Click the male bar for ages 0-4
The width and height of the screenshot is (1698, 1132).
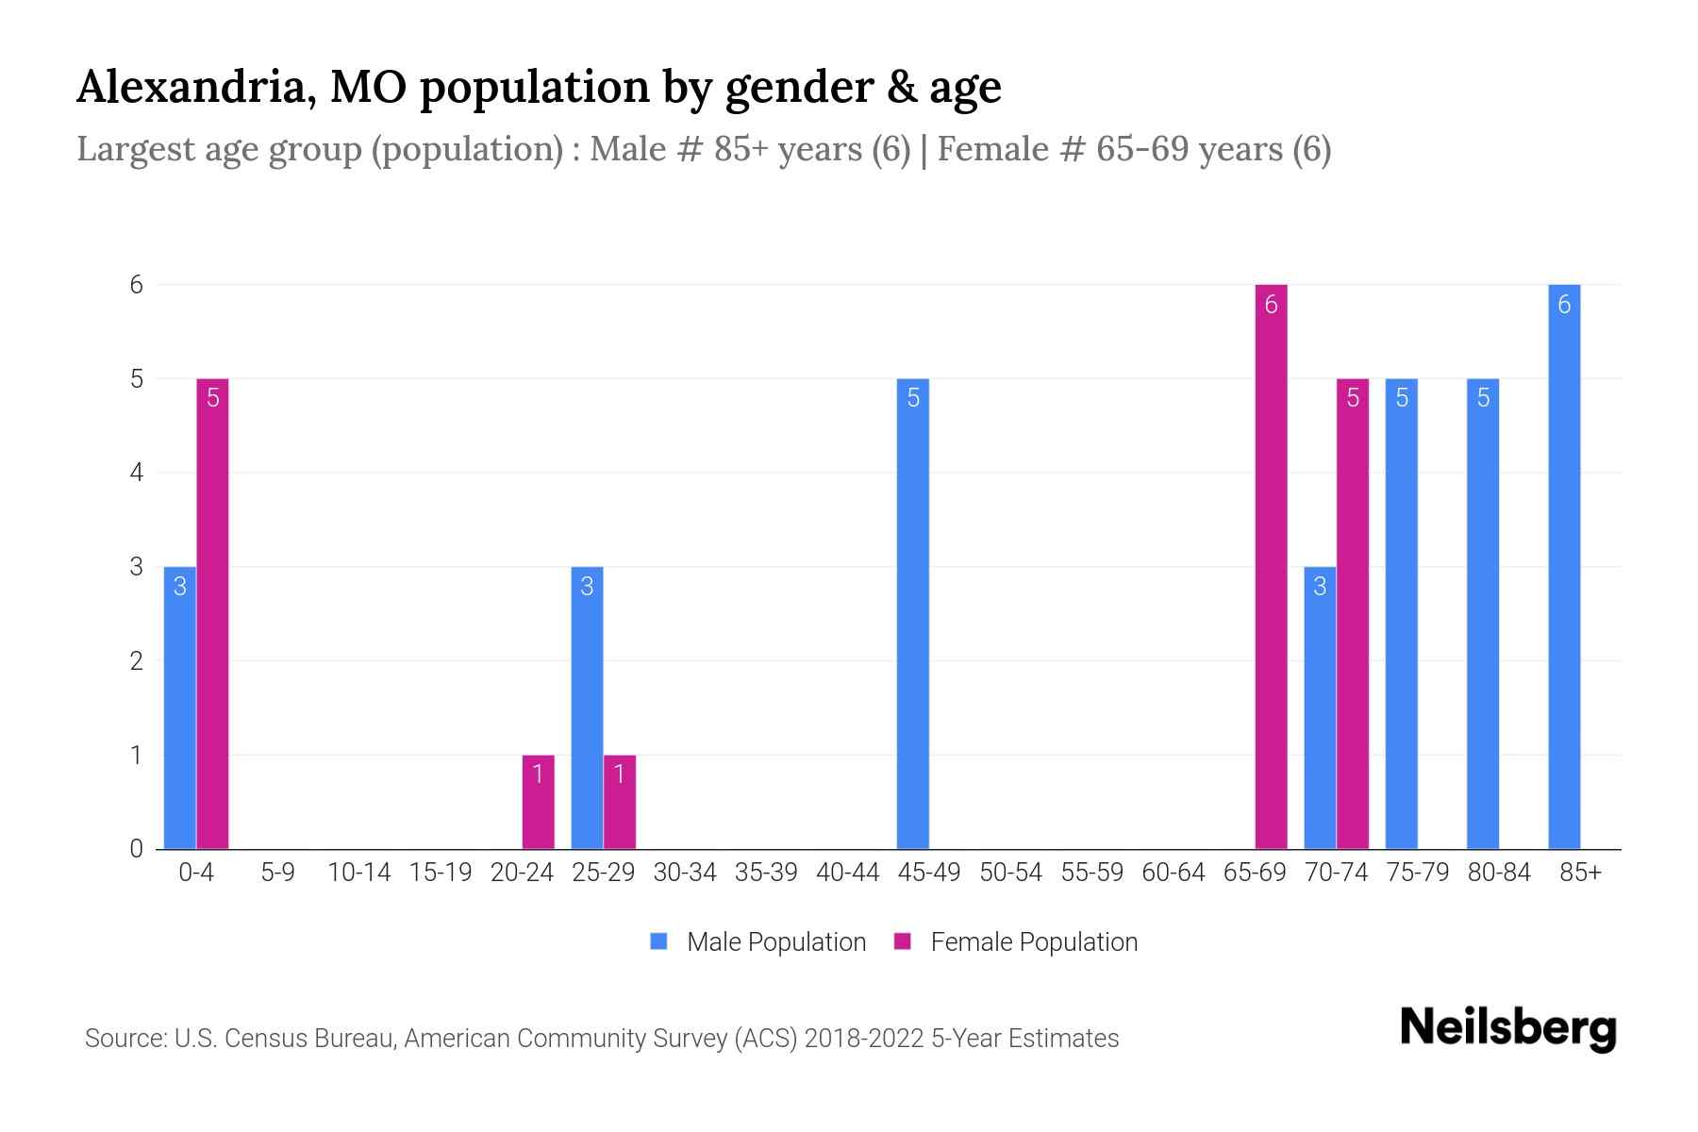click(x=179, y=707)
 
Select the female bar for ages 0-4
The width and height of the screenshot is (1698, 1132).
click(x=212, y=613)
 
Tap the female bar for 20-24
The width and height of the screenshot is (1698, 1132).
click(x=538, y=802)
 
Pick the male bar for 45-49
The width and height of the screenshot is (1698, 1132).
click(x=912, y=613)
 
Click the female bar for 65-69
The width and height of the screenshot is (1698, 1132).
click(x=1271, y=566)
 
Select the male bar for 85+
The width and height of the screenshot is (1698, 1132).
click(x=1564, y=566)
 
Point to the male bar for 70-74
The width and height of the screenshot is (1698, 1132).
click(x=1320, y=707)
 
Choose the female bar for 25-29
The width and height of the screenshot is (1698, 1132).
click(x=619, y=802)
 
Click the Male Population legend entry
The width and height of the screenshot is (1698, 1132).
click(x=758, y=941)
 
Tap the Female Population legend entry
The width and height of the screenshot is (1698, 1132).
click(x=1016, y=941)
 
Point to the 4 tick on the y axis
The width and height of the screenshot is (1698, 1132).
click(x=138, y=473)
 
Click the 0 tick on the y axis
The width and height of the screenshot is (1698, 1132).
click(x=138, y=849)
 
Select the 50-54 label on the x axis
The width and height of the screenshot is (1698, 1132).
click(x=1010, y=873)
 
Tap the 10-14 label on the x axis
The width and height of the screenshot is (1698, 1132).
click(x=358, y=873)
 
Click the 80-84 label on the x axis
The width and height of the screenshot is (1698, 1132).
click(x=1499, y=873)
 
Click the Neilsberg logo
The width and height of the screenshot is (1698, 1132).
click(x=1507, y=1028)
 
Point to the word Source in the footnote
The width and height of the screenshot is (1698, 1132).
click(x=124, y=1039)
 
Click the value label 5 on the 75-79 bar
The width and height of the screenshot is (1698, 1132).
click(x=1402, y=398)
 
